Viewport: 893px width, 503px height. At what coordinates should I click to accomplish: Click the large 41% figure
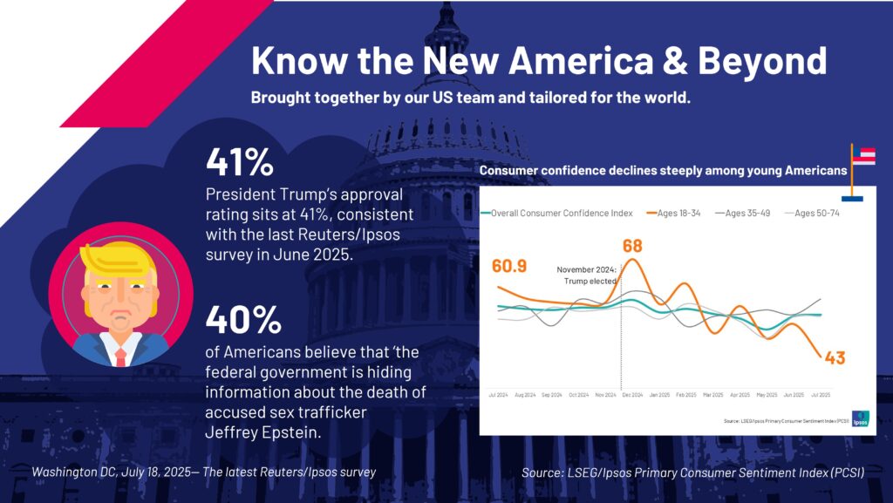click(x=240, y=162)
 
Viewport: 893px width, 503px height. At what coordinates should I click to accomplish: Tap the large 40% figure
click(x=243, y=320)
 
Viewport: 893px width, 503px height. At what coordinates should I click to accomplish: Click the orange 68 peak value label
click(x=632, y=246)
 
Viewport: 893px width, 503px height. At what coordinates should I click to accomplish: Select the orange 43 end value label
click(x=835, y=357)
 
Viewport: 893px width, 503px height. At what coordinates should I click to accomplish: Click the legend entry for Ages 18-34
click(x=676, y=213)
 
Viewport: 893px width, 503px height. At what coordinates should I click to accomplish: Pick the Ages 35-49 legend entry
click(x=746, y=213)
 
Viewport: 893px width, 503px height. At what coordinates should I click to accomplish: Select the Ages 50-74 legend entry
click(x=815, y=213)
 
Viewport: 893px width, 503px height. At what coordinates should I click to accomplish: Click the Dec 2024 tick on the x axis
click(x=632, y=395)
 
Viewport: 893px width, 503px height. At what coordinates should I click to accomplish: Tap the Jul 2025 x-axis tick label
click(x=821, y=395)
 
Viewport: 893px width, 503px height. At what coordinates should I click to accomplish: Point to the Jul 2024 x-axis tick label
click(x=498, y=395)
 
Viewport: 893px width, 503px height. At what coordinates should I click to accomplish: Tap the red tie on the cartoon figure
click(x=120, y=356)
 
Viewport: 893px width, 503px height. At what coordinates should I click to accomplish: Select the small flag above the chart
click(x=862, y=157)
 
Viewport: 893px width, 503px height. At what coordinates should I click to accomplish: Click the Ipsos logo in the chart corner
click(x=859, y=418)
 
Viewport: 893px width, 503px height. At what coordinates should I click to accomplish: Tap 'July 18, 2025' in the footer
click(x=156, y=472)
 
